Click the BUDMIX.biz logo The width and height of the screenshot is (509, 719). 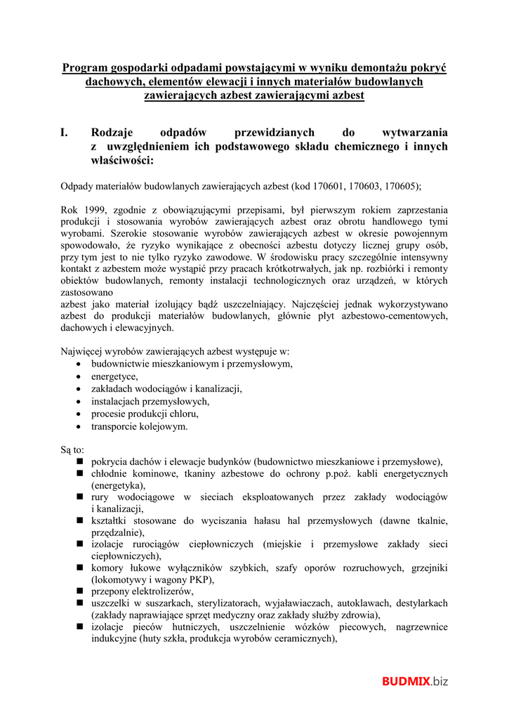click(414, 680)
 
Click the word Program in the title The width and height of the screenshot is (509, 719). click(83, 68)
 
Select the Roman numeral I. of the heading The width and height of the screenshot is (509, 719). click(65, 133)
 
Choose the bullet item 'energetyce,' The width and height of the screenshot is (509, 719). click(114, 376)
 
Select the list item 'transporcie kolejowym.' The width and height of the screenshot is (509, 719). click(139, 426)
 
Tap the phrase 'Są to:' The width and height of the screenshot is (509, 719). click(72, 449)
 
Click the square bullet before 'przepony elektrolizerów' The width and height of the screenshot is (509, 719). click(79, 591)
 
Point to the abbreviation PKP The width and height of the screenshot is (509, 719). click(199, 579)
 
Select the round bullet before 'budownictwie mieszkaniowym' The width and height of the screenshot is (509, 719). click(79, 364)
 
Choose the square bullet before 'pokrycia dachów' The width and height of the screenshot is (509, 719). click(79, 461)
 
